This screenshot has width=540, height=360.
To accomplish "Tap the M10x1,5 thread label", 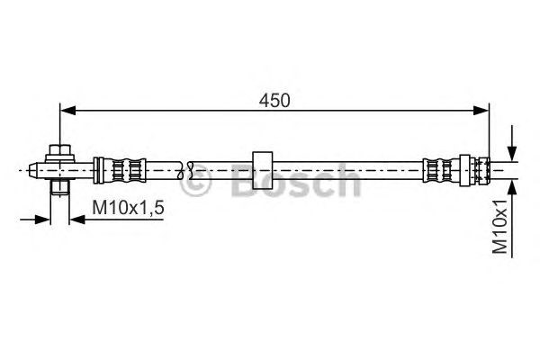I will (128, 209).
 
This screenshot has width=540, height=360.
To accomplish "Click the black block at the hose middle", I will (263, 167).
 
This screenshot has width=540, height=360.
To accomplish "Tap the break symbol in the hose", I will (189, 167).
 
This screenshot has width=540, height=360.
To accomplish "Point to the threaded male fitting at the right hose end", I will (481, 167).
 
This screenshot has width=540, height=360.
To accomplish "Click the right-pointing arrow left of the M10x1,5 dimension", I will (41, 218).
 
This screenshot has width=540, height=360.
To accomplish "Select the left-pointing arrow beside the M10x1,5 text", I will (77, 218).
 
